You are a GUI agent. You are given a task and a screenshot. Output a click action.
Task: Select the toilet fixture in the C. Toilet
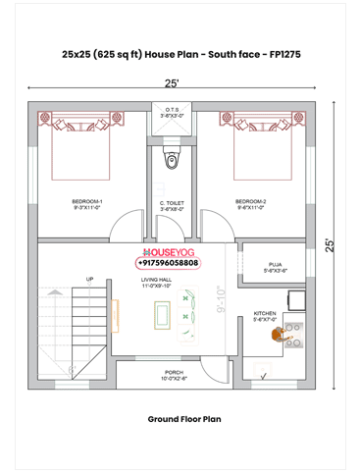tap(173, 160)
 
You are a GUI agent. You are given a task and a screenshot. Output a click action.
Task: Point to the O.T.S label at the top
tap(173, 109)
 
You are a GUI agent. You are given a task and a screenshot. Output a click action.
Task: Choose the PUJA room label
tap(275, 264)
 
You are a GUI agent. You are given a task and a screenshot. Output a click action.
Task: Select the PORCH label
tap(173, 372)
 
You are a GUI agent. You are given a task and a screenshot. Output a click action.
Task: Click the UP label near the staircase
tap(90, 280)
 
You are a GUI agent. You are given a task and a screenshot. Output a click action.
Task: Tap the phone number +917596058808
tap(167, 263)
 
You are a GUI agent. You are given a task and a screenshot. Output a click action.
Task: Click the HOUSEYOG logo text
tap(170, 252)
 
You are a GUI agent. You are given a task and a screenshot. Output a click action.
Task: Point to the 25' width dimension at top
tap(172, 83)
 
